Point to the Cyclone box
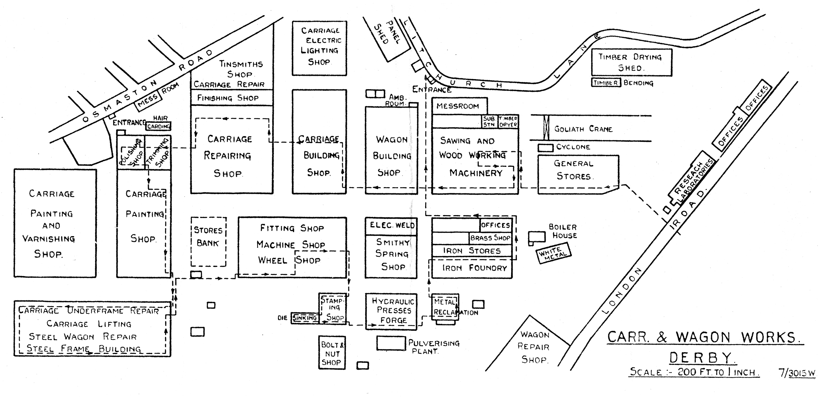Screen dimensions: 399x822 (x=545, y=148)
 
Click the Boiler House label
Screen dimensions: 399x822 (x=563, y=231)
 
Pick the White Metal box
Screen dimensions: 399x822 (x=553, y=253)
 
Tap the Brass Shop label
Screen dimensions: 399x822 (x=490, y=238)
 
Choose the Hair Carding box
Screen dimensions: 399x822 (x=158, y=126)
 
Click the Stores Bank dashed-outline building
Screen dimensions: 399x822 (x=209, y=241)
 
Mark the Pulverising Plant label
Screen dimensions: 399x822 (x=433, y=347)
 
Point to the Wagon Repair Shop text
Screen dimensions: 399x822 (x=534, y=347)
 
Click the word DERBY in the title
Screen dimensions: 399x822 (x=702, y=358)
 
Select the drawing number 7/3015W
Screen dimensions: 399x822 (x=797, y=373)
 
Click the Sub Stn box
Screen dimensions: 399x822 (x=489, y=122)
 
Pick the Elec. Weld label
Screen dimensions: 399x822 (x=392, y=225)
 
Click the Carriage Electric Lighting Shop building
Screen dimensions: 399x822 (x=319, y=48)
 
